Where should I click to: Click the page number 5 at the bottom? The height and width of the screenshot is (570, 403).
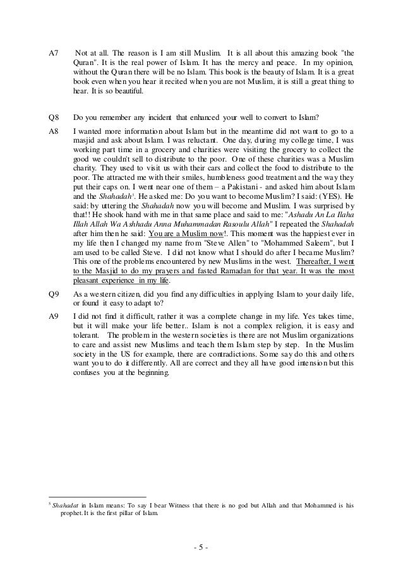tap(201, 547)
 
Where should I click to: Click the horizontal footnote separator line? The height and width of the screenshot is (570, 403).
tap(97, 496)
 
